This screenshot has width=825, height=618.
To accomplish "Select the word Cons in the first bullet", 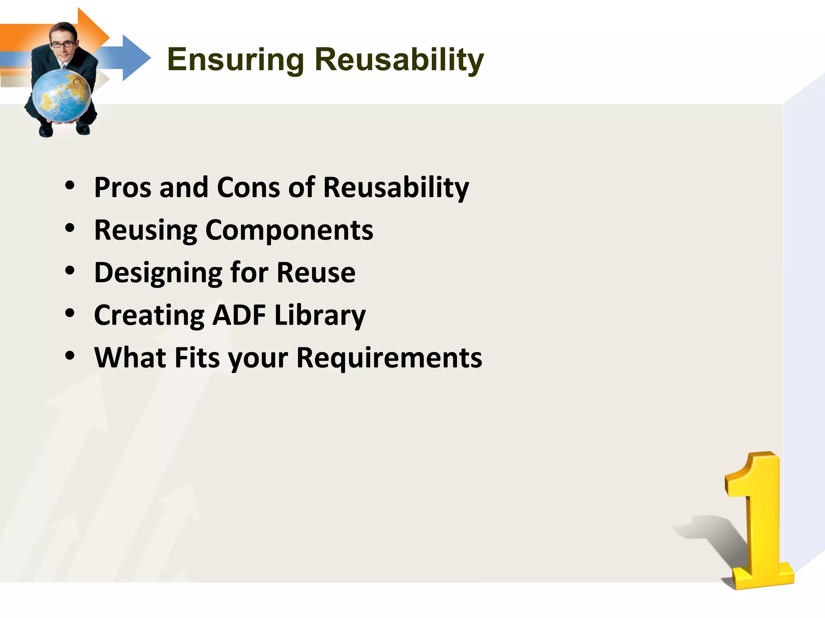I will click(248, 187).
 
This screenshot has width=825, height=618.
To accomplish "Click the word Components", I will click(289, 230).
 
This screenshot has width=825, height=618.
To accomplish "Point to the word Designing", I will click(158, 274).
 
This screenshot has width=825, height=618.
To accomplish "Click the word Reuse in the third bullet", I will click(316, 273).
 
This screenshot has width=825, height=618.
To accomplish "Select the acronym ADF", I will click(239, 315).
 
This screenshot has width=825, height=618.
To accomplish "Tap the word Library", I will click(320, 316).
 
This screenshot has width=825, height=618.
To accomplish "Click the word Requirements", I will click(389, 358).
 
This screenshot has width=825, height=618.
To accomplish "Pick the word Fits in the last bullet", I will click(197, 358).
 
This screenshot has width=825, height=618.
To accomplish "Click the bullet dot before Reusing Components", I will click(70, 228).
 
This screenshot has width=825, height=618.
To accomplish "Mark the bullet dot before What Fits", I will click(70, 356).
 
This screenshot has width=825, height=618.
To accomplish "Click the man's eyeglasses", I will click(62, 44).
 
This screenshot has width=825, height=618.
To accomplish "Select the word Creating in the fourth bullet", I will click(149, 316).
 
